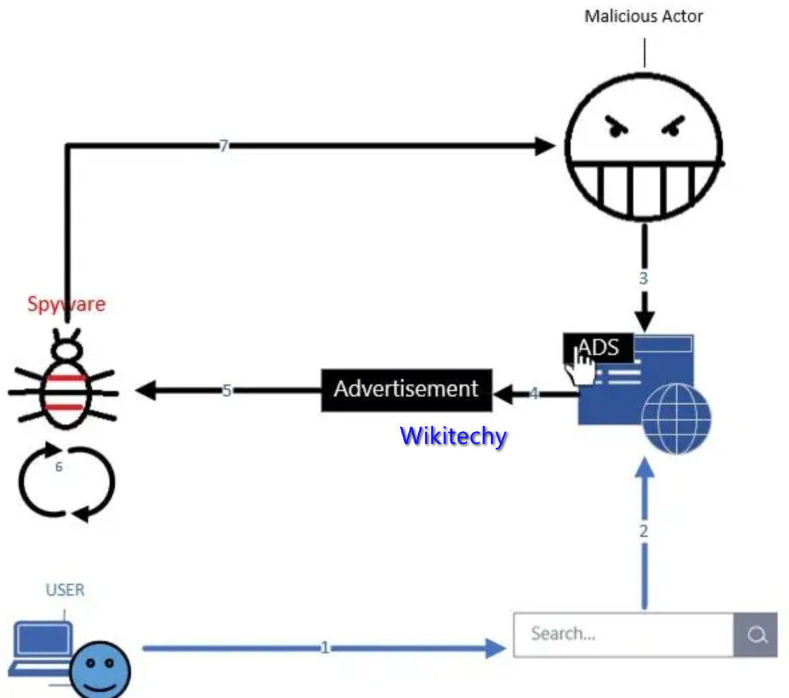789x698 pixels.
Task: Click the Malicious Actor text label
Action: [x=643, y=17]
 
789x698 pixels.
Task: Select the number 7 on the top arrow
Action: [x=224, y=145]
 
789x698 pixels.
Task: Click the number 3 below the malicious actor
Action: [x=643, y=278]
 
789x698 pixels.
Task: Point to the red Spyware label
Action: [x=66, y=304]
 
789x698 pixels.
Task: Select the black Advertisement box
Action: [x=406, y=389]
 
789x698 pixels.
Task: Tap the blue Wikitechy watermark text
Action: [x=453, y=436]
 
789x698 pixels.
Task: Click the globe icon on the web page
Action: [x=675, y=419]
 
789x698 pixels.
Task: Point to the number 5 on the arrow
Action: [x=226, y=390]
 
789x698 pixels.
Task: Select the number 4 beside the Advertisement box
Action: [x=534, y=393]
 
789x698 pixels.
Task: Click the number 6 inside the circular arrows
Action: [x=59, y=467]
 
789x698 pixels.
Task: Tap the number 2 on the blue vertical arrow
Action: [x=643, y=532]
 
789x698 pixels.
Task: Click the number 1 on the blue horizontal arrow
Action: [x=325, y=647]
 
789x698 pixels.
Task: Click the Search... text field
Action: [x=623, y=634]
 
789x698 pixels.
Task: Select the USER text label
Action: [x=65, y=590]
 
